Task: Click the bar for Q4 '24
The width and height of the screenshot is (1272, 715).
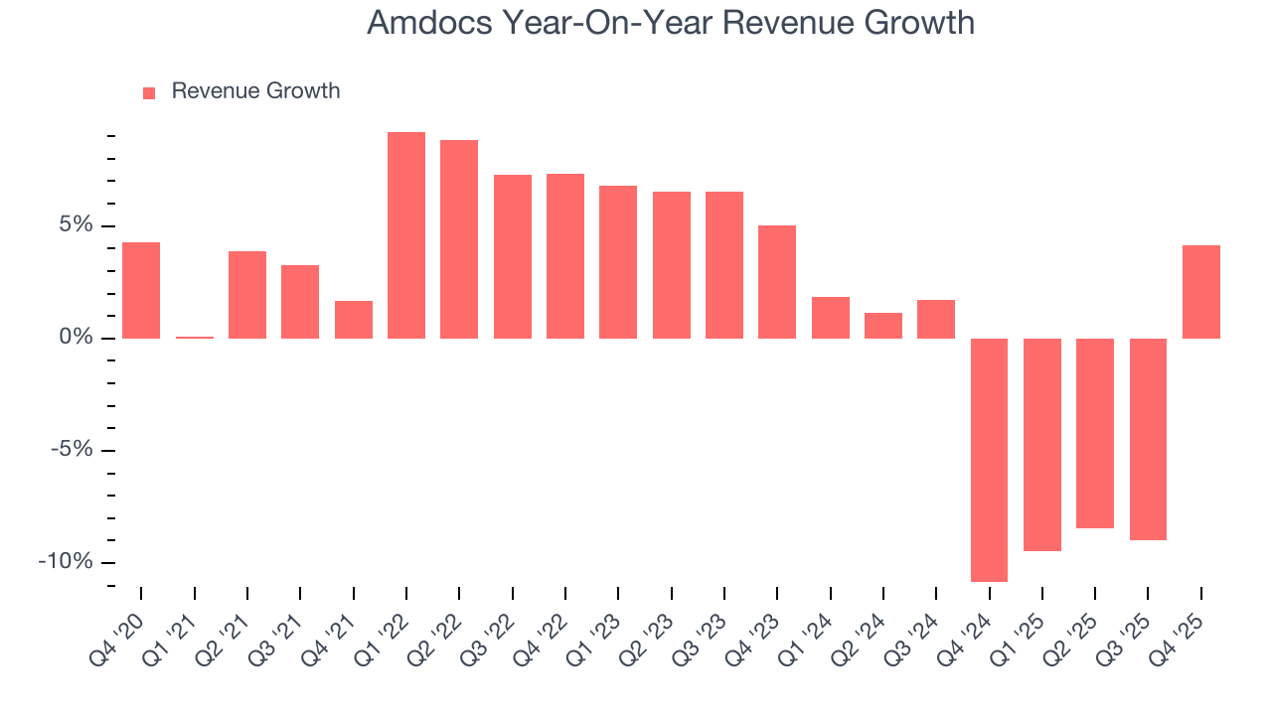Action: tap(989, 459)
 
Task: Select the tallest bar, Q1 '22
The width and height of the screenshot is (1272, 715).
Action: tap(406, 235)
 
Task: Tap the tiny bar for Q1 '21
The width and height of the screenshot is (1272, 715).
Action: tap(194, 338)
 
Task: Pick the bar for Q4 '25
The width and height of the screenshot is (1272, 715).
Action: tap(1201, 292)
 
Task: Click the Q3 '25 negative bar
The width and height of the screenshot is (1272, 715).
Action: tap(1148, 439)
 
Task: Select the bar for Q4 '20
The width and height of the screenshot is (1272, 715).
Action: tap(141, 290)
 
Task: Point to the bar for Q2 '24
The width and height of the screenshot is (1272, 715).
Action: tap(883, 326)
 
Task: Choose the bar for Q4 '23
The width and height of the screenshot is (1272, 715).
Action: tap(777, 282)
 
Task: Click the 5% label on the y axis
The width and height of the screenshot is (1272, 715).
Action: tap(76, 225)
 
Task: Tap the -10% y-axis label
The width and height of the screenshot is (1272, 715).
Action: tap(66, 562)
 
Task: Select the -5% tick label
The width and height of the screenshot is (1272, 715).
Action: tap(72, 450)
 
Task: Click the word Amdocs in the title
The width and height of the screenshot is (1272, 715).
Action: tap(429, 23)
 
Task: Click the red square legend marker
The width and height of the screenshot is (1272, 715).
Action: tap(149, 93)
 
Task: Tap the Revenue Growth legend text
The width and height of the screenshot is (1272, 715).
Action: tap(255, 91)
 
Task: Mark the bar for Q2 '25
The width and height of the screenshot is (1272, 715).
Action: tap(1095, 433)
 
